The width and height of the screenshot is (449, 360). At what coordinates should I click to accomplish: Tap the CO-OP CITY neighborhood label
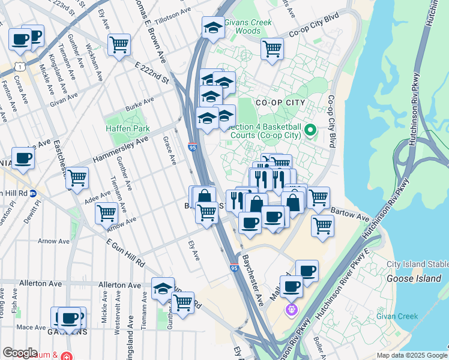coord(280,103)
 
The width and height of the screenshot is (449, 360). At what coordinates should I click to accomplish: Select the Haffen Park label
coord(128,128)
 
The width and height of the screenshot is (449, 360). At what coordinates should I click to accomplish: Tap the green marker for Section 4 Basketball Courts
coord(310,130)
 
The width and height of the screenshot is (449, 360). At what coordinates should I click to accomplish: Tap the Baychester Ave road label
coord(253,280)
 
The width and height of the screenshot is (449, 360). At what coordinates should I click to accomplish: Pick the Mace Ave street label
coord(31,328)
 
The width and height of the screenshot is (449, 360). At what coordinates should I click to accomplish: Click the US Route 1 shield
coord(20,61)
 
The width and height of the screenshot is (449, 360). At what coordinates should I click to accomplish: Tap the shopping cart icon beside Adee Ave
coord(77,178)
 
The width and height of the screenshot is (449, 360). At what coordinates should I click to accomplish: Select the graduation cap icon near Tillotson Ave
coord(212,28)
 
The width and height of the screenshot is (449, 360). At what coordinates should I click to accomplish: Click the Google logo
coord(20,353)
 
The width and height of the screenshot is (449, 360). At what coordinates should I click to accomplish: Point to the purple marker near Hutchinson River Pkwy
coord(291,310)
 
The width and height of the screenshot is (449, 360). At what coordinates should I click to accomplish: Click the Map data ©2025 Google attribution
coord(411,355)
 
